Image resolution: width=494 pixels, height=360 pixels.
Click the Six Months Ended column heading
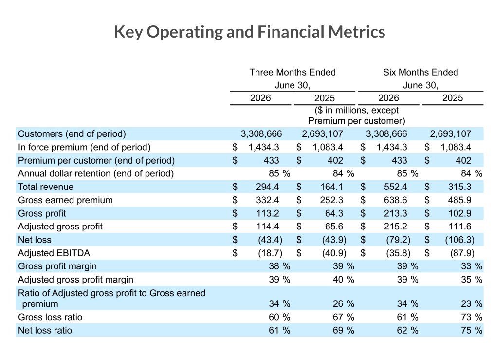[421, 72]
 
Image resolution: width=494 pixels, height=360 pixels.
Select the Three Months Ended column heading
[293, 72]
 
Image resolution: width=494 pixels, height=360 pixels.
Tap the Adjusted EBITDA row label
[54, 253]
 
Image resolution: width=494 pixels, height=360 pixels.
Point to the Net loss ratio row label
[45, 330]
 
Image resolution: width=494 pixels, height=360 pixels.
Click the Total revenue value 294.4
[267, 187]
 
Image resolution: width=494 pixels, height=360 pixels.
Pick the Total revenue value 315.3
[459, 187]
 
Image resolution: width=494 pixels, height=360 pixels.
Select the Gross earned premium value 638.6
[395, 200]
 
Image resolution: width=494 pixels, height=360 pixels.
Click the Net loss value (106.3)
[459, 240]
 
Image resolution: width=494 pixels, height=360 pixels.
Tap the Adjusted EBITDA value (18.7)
[270, 253]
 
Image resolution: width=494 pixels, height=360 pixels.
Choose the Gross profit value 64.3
[334, 213]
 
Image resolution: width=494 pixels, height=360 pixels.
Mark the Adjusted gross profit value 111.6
[459, 227]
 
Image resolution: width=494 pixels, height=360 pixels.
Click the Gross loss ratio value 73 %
[471, 317]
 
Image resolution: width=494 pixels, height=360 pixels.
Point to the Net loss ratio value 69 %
[344, 330]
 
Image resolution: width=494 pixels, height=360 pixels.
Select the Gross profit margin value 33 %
[471, 266]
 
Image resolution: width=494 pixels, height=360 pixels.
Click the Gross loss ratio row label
[50, 317]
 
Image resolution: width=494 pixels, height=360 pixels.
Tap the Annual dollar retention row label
[96, 174]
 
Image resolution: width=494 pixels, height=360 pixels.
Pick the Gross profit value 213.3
[395, 213]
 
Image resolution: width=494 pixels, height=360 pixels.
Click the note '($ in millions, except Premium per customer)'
[357, 115]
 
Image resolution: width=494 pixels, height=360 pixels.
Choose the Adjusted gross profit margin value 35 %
[471, 280]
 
